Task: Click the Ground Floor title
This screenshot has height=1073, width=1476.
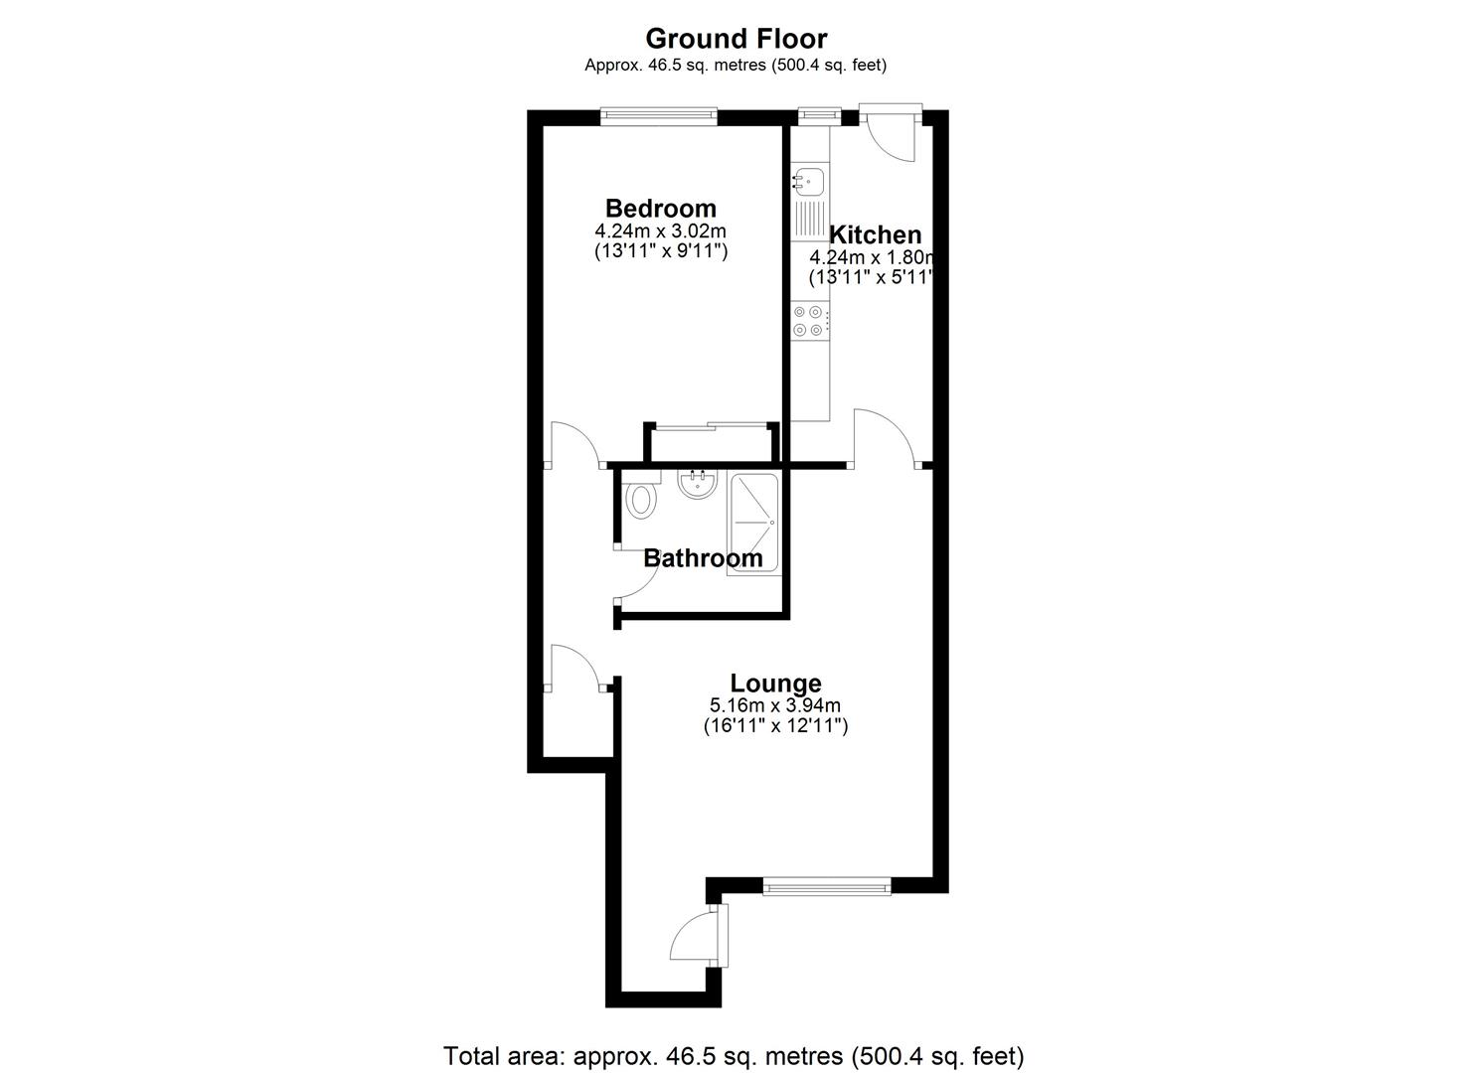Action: tap(736, 39)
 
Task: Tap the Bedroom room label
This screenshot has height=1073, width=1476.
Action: tap(660, 209)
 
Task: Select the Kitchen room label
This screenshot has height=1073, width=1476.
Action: tap(875, 235)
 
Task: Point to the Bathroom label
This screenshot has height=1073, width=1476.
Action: tap(703, 558)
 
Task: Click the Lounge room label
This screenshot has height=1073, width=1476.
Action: tap(775, 684)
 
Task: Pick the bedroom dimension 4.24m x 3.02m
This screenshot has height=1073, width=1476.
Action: tap(660, 231)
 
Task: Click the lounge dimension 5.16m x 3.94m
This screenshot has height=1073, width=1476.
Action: tap(775, 705)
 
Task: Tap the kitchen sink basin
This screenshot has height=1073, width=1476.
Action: tap(808, 180)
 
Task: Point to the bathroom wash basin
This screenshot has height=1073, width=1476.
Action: tap(696, 485)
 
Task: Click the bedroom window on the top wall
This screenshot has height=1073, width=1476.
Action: tap(658, 116)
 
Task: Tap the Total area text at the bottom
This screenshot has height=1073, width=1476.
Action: tap(734, 1054)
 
